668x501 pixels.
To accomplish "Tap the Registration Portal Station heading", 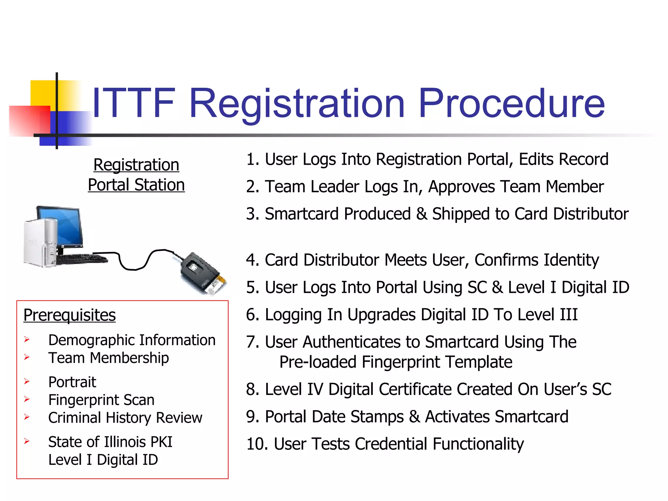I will pos(136,175).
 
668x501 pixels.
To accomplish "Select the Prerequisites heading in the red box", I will pos(69,315).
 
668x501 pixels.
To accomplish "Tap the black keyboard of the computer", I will pos(82,259).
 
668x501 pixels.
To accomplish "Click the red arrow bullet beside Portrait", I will pos(27,381).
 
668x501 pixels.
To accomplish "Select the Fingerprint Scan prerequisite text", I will pos(101,400).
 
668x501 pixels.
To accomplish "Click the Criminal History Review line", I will pos(125,418).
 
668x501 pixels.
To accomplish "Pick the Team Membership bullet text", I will pos(108,358).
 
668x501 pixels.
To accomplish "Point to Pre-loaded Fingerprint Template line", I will pos(396,362).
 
